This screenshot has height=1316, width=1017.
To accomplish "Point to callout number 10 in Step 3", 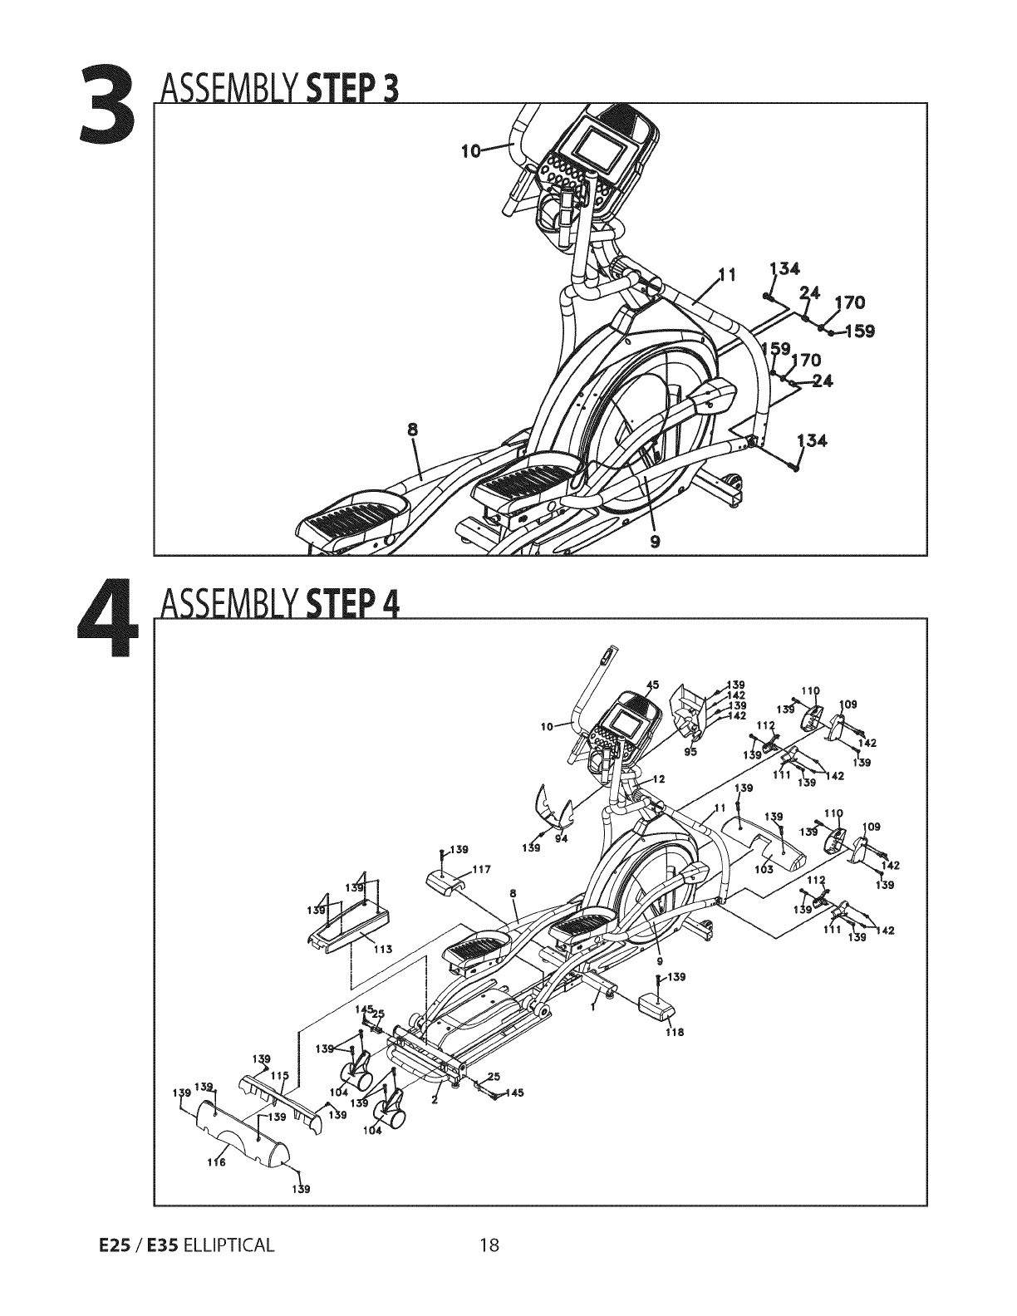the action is [470, 151].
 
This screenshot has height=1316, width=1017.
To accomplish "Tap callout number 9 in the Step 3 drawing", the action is [656, 541].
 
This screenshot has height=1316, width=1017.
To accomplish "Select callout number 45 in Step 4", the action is [652, 685].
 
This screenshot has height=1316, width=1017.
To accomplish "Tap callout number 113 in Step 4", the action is [384, 950].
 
